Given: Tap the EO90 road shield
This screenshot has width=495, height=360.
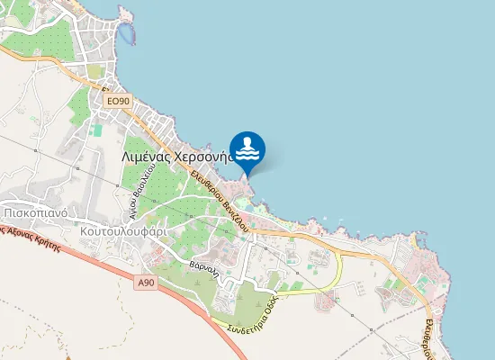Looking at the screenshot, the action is [x=119, y=102].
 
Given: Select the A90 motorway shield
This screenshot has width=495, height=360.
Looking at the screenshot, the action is [x=147, y=283].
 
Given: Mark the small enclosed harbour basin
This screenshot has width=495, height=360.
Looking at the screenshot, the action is [x=130, y=34].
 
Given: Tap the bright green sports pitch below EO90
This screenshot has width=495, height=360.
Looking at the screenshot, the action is [x=98, y=130].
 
